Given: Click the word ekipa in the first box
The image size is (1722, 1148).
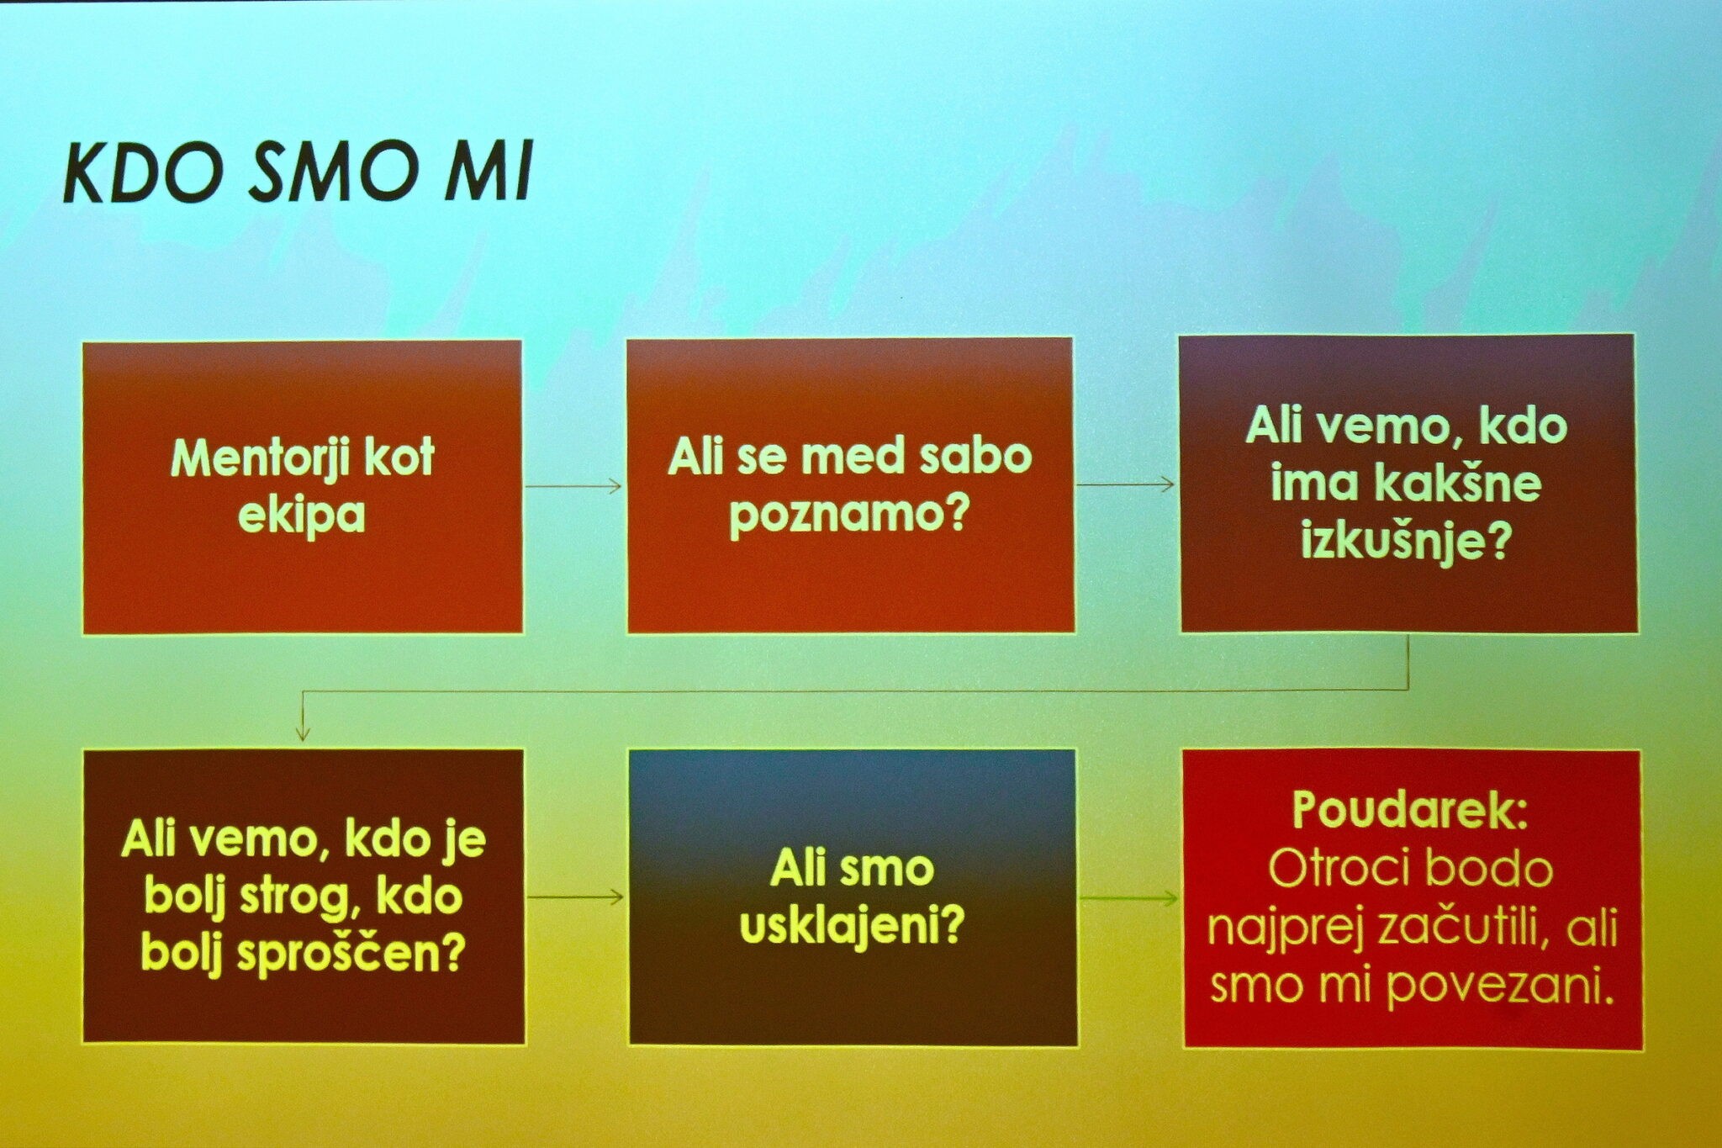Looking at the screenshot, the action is pos(302,515).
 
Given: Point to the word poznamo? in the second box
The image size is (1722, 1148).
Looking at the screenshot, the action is pos(849,514).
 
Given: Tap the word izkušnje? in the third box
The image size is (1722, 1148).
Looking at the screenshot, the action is pos(1406,541).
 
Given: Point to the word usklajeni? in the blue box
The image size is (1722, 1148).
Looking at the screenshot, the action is pos(852,927).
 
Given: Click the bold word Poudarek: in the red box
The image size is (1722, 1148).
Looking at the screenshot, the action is pos(1410,810).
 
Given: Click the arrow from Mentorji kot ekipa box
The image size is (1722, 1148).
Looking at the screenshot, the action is pos(573,485).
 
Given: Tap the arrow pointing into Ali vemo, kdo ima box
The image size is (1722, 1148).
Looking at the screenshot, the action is pos(1125,484).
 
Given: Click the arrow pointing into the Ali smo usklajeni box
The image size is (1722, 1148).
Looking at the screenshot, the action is pos(576,897).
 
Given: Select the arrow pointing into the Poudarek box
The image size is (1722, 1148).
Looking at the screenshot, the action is pos(1129,899).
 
